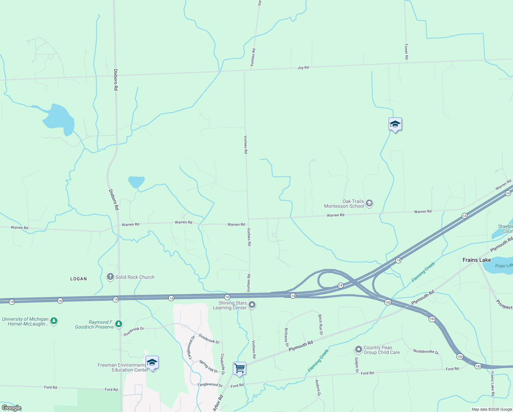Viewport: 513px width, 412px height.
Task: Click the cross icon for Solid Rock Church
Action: pos(110,277)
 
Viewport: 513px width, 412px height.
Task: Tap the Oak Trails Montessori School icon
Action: pos(369,203)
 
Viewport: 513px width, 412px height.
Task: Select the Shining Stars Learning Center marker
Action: pos(252,305)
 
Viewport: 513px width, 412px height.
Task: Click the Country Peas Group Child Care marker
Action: pos(358,350)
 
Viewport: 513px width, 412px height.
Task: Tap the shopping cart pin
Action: pos(239,369)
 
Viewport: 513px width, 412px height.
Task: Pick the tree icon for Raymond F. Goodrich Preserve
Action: pos(119,324)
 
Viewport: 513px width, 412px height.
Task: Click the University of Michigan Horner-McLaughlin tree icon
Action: pos(54,321)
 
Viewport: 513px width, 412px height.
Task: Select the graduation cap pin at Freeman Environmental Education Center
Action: pos(152,363)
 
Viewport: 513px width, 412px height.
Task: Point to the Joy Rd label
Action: pos(303,68)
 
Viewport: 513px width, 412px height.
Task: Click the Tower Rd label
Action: pos(406,51)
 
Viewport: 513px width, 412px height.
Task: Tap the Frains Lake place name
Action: pos(476,260)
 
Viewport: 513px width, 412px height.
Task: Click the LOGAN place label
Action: pos(79,279)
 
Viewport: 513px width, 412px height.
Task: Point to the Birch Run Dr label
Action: pos(320,324)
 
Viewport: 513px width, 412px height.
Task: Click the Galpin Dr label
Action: pos(357,365)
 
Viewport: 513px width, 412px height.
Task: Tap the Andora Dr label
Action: pos(318,388)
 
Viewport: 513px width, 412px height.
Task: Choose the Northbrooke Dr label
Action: pos(426,352)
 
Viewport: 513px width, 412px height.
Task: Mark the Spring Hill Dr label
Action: pos(208,366)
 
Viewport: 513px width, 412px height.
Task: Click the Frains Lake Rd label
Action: pos(492,384)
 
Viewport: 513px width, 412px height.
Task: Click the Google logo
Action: pos(11,408)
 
